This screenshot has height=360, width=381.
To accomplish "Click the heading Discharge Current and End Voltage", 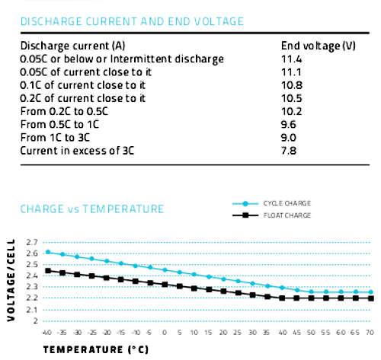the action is pos(132,21).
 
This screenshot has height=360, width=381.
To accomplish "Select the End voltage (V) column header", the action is pos(319,46).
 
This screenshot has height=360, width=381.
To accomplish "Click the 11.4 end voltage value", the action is pos(292,59).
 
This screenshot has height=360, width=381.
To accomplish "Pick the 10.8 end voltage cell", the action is pos(292,85).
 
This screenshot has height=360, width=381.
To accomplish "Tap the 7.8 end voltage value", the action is pos(289,151).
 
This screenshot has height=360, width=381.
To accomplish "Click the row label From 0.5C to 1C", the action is pos(59,125).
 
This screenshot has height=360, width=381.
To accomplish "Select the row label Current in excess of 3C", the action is pos(77,151).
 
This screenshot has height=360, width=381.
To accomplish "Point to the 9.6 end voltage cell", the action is pos(289,125).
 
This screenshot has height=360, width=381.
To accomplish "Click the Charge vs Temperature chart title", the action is pos(92,209).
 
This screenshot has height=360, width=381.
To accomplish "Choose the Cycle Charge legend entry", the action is pos(272,203).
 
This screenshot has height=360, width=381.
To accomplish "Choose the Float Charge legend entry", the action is pos(272,215).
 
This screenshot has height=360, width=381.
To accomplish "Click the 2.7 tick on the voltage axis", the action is pos(32,242).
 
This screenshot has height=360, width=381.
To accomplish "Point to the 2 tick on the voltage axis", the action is pos(36,321).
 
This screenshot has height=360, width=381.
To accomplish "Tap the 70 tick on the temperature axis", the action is pos(370,333).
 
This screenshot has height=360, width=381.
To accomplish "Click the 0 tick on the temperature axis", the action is pos(165,333).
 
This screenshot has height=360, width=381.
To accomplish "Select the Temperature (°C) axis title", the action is pos(96,349).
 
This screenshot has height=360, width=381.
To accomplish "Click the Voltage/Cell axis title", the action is pos(11,280).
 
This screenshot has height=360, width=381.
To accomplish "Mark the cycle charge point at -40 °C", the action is pos(48,252).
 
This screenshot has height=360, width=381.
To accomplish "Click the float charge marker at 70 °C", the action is pos(371,298).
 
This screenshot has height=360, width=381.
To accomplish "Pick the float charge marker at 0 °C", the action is pos(165,285).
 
